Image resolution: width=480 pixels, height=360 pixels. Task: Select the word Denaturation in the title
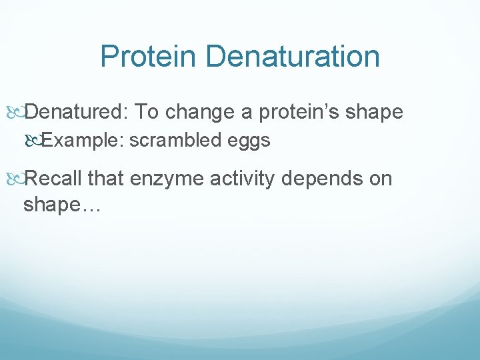pyautogui.click(x=293, y=57)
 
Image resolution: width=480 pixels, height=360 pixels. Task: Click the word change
pyautogui.click(x=200, y=112)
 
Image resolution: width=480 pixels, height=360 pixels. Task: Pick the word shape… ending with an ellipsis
pyautogui.click(x=61, y=205)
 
